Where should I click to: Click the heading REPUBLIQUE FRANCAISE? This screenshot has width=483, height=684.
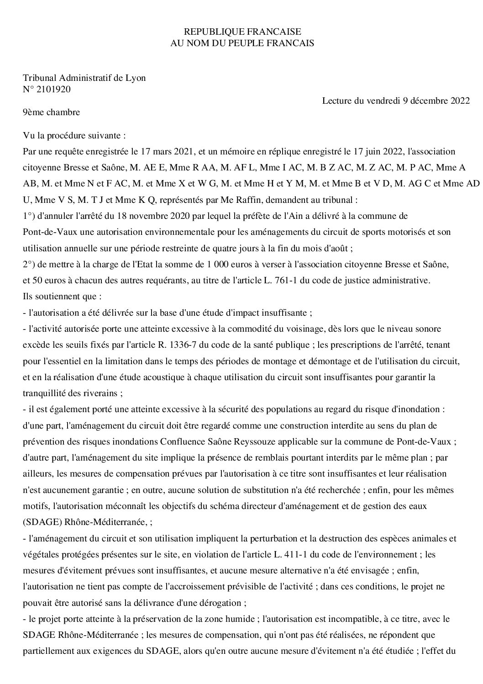(x=242, y=32)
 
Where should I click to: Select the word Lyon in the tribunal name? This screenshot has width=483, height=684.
(x=136, y=78)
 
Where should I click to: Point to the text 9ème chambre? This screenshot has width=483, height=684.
(x=51, y=112)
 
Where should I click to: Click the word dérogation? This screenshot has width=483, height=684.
(x=221, y=602)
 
